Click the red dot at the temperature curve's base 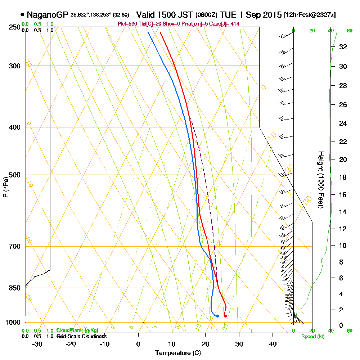click(x=225, y=316)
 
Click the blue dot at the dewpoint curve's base click(x=217, y=316)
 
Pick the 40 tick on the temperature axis click(x=273, y=344)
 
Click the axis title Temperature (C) click(x=178, y=353)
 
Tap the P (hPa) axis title click(x=5, y=187)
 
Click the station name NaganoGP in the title click(x=47, y=15)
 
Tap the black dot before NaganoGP click(x=23, y=15)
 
